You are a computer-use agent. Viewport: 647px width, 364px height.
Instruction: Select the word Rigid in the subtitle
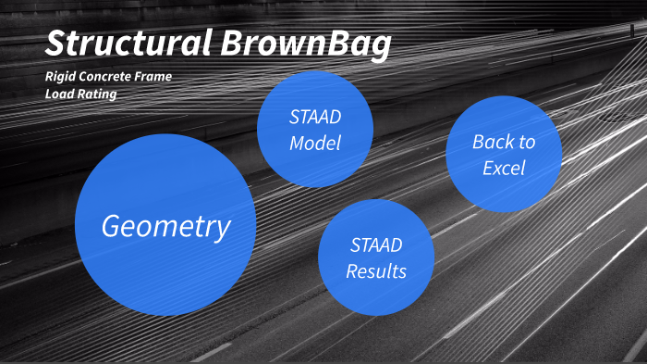point(60,76)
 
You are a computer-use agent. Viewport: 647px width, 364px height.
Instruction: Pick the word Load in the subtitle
point(60,94)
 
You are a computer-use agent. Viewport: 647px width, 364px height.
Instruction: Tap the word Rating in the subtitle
point(99,94)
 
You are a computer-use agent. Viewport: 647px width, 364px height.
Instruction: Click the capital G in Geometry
point(111,226)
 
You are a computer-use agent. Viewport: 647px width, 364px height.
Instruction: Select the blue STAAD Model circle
point(315,131)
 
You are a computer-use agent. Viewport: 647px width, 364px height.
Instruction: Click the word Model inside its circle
point(315,143)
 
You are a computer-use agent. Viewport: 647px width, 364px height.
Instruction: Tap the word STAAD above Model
point(315,118)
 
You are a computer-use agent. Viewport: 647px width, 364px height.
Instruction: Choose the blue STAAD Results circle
point(375,258)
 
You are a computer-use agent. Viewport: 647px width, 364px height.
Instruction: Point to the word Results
point(376,271)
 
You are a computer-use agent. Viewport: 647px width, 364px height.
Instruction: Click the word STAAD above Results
point(376,245)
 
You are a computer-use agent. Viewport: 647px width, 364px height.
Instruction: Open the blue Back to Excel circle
point(504,154)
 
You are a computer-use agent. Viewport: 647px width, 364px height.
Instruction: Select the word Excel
point(504,168)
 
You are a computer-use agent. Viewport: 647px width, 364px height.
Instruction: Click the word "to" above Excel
point(527,142)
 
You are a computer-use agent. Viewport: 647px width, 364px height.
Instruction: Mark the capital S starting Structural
point(55,44)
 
